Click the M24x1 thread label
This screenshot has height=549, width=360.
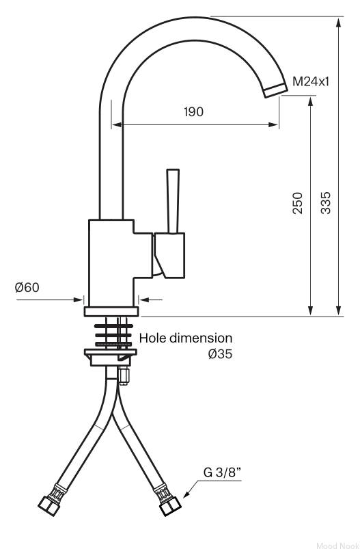pos(311,81)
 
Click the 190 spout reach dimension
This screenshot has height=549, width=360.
pos(193,111)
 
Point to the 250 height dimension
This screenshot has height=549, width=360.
pos(297,203)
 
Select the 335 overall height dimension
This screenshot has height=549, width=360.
pos(325,203)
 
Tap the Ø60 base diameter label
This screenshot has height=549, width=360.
pos(27,287)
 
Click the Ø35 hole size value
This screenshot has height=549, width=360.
pos(220,354)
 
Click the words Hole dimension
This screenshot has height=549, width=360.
pos(186,338)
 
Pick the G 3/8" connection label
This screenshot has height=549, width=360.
pos(223,472)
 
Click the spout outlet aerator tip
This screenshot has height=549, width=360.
pos(276,90)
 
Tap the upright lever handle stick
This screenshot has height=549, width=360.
pos(174,201)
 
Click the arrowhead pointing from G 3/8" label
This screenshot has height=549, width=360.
pos(186,494)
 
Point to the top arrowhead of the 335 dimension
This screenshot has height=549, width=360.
pos(338,23)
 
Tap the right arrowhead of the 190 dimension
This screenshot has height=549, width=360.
pos(273,124)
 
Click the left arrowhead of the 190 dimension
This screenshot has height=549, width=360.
pos(117,124)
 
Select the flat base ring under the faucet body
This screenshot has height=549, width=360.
pos(111,311)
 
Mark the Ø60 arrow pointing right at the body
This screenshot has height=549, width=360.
pos(50,299)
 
